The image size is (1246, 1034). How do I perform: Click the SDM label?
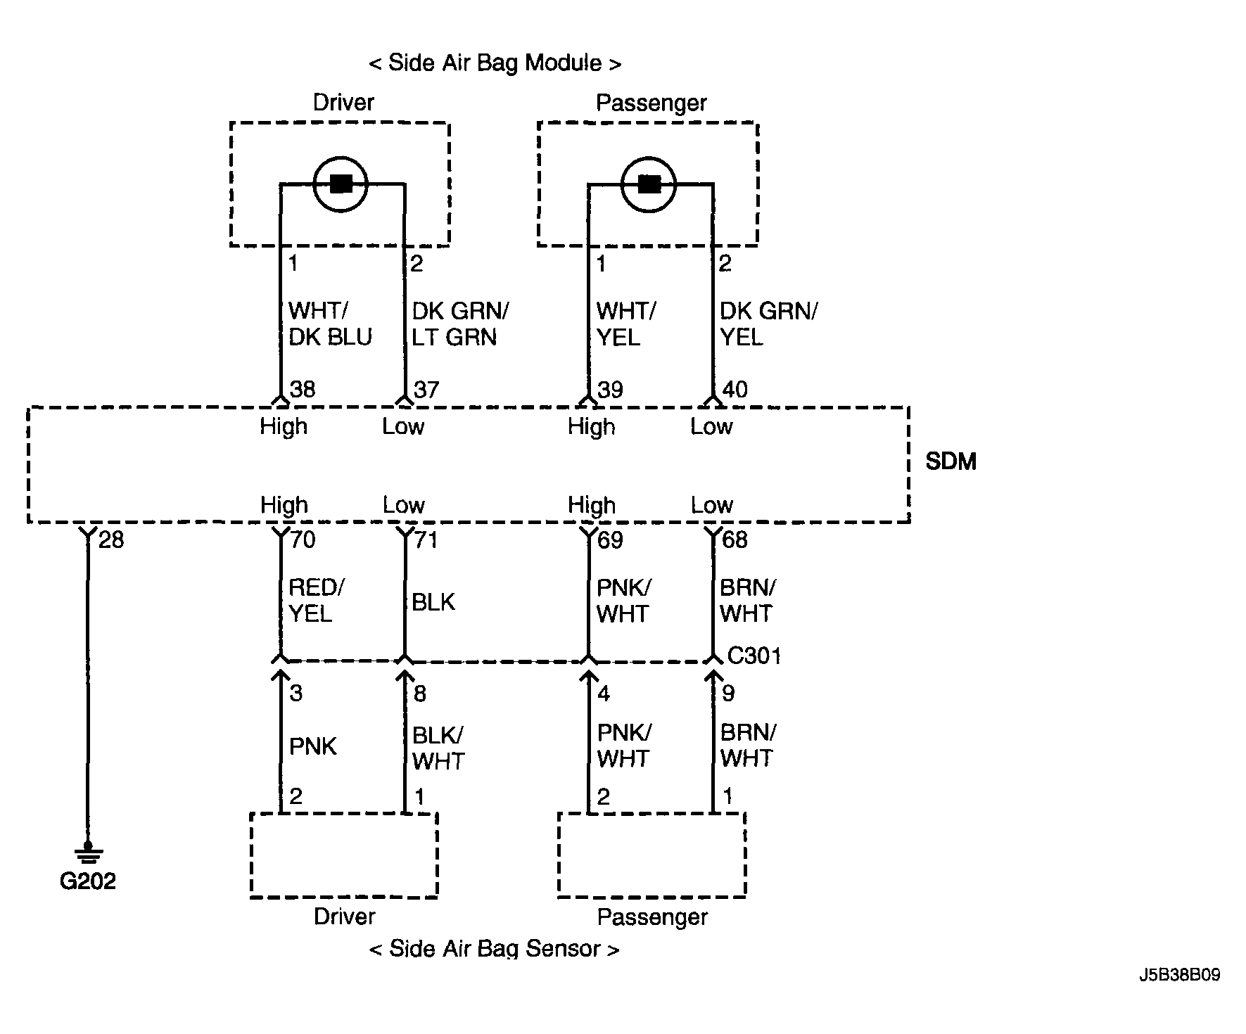pos(951,461)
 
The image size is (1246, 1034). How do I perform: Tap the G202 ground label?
pos(87,881)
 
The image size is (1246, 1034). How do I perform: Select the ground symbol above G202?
pos(87,853)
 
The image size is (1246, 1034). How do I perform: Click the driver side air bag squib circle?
pos(341,184)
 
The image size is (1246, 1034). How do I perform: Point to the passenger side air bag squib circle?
pos(649,185)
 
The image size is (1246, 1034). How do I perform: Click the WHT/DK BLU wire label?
pos(330,324)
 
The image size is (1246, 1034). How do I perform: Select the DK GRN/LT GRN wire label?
pos(460,324)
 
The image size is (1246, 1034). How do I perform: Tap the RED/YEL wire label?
pos(317,600)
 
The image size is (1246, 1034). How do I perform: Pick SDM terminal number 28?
pos(111,540)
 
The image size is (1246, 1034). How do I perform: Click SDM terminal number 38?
pos(303,389)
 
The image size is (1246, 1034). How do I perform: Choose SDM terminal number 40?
pos(735,389)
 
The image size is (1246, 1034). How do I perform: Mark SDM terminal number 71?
pos(426,540)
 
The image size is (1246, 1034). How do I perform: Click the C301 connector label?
pos(754,656)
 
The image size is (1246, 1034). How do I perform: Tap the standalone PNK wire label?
pos(313,746)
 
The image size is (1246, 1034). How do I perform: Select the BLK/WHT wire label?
pos(438,748)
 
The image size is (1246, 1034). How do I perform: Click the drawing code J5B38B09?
pos(1181,975)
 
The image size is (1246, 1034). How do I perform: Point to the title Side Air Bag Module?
pos(495,63)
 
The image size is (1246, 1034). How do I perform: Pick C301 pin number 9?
pos(728,694)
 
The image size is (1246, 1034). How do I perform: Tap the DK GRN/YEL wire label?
pos(769,324)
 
